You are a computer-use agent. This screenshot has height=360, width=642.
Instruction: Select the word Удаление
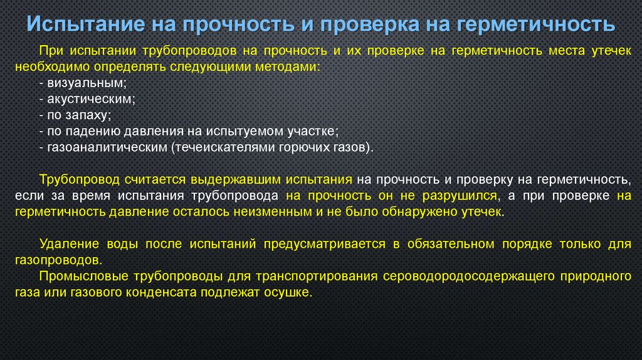[x=65, y=244]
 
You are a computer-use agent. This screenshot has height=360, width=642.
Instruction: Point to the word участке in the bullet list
[x=315, y=131]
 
